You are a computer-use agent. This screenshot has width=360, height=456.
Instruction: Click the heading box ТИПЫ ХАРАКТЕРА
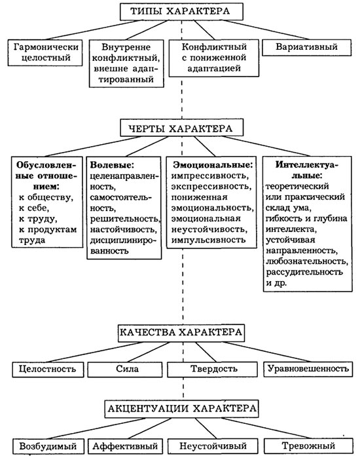tap(181, 12)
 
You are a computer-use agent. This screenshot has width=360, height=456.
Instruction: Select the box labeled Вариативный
tap(306, 47)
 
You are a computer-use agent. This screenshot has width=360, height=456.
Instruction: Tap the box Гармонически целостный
tap(46, 52)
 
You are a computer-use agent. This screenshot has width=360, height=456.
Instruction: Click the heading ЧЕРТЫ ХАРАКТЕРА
tap(181, 128)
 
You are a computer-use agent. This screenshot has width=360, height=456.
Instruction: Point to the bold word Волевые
tap(112, 165)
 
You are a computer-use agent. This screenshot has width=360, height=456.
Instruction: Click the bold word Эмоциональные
tap(212, 165)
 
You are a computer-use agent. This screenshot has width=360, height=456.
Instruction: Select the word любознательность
tap(306, 261)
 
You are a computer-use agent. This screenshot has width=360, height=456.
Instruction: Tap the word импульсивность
tap(208, 240)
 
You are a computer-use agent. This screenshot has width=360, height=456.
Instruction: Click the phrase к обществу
tap(46, 197)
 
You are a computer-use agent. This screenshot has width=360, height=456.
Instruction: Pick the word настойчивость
tap(124, 229)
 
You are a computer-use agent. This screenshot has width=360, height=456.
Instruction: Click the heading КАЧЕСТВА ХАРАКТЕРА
tap(181, 333)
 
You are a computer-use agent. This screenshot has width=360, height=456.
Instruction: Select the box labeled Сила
tap(125, 370)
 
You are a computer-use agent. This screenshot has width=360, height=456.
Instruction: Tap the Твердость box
tap(212, 370)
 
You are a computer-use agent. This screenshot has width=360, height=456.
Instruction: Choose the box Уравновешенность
tap(308, 369)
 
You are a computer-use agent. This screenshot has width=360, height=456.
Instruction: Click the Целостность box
tap(48, 370)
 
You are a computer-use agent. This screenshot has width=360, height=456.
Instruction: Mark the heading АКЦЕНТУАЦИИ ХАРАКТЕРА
tap(181, 409)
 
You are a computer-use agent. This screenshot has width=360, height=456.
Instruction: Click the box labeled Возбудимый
tap(48, 446)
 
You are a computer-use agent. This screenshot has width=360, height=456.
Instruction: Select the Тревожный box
tap(308, 446)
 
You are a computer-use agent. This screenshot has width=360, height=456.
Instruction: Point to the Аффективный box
tap(125, 446)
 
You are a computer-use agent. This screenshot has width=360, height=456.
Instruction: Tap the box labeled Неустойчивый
tap(213, 446)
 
